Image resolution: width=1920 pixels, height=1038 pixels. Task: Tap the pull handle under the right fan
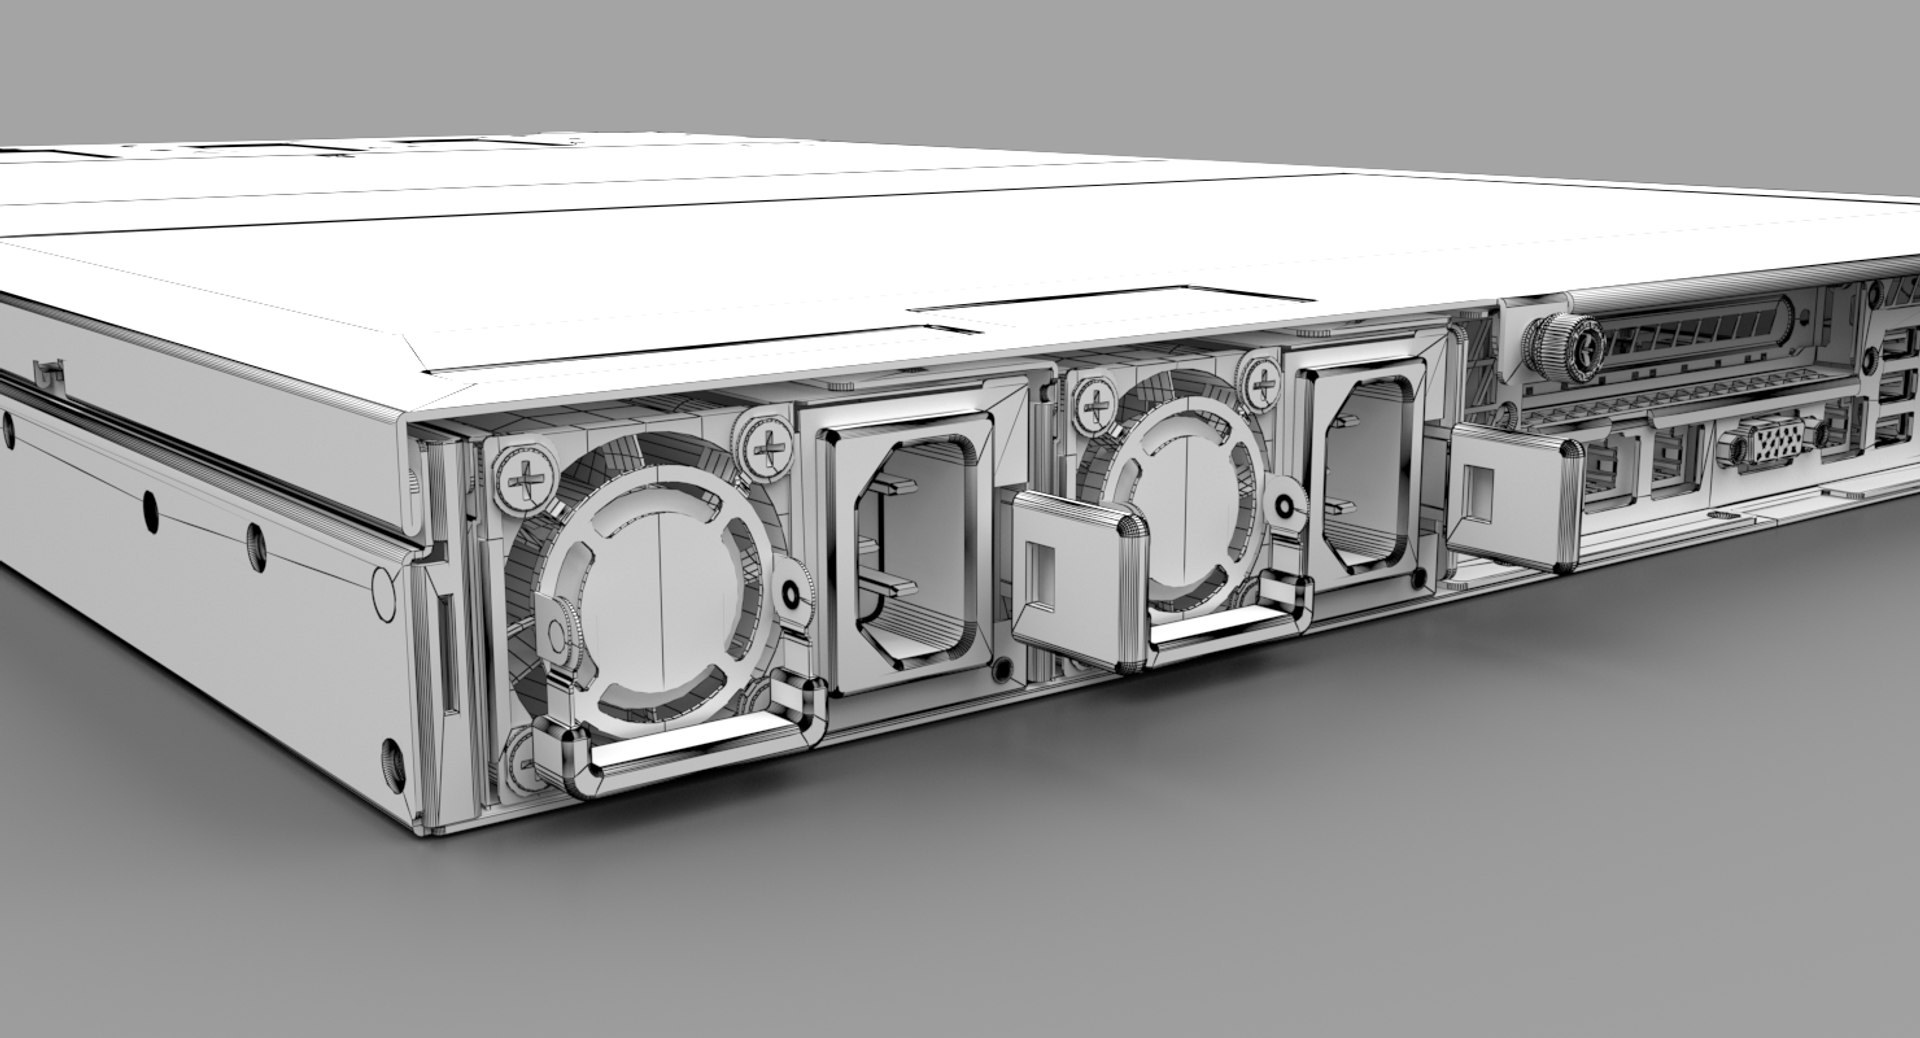(1230, 625)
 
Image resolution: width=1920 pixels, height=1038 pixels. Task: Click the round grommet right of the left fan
(792, 598)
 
